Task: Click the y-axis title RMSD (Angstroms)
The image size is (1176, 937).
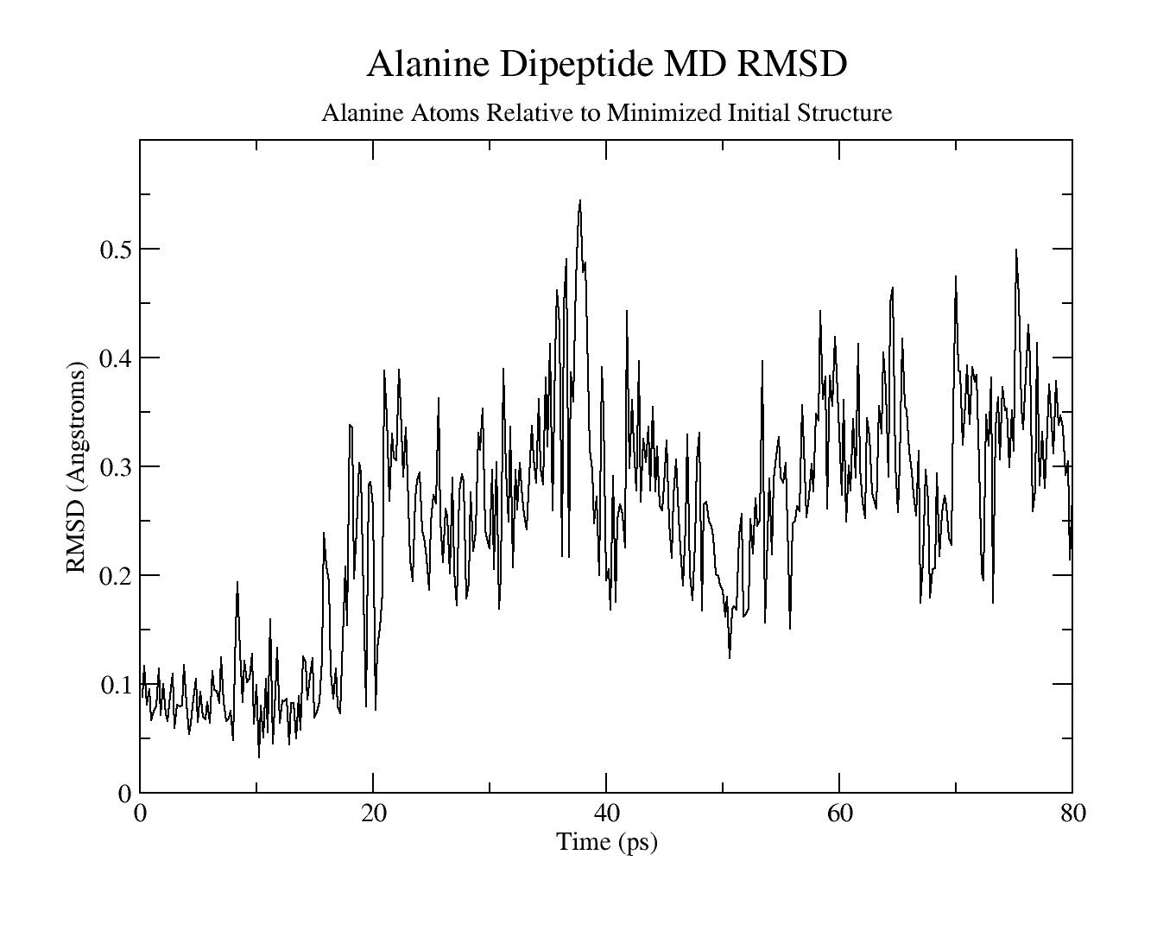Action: click(x=76, y=467)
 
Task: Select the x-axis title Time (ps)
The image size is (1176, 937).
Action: click(x=606, y=842)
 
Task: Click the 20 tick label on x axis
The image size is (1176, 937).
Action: click(x=373, y=814)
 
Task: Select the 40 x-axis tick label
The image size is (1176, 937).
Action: click(x=606, y=814)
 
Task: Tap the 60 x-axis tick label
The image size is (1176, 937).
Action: click(x=839, y=814)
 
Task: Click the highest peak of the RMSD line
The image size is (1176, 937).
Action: click(x=580, y=200)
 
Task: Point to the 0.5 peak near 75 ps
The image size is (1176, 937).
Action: click(x=1016, y=250)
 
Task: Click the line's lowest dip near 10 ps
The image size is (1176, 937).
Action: click(x=259, y=757)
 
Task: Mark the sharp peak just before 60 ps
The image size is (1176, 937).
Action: click(x=820, y=311)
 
